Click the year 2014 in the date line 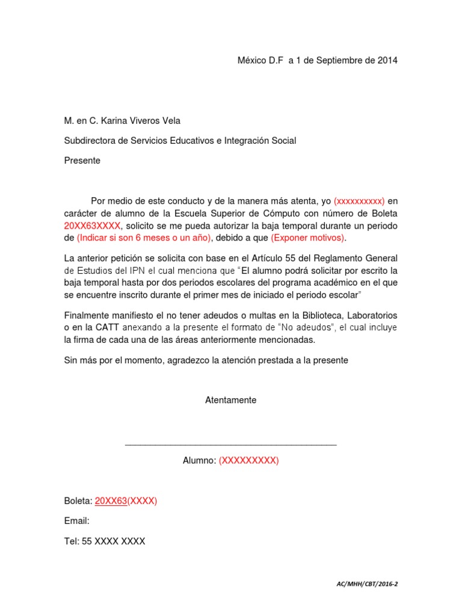coord(387,61)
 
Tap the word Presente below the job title coord(82,161)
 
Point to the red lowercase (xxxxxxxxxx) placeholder coord(359,201)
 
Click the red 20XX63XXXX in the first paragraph coord(93,226)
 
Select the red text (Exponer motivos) coord(309,238)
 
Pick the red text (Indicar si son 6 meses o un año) coord(144,238)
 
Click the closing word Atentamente coord(230,400)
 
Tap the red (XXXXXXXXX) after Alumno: coord(248,461)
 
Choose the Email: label coord(76,521)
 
